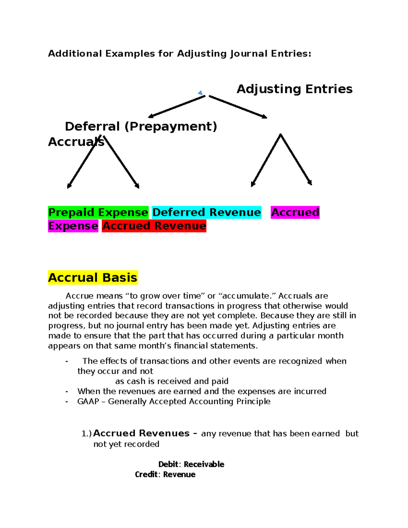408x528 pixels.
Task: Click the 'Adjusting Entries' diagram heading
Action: pos(294,89)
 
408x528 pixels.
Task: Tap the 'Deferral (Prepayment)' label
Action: pos(141,126)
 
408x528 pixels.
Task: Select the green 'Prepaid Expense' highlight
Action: pos(98,212)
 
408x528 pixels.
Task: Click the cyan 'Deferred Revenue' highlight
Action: pos(206,212)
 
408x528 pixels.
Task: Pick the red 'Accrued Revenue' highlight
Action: pos(154,226)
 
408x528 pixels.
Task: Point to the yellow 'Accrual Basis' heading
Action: pos(93,277)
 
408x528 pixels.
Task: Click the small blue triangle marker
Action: pos(201,92)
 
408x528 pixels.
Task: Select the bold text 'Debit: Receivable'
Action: pos(191,464)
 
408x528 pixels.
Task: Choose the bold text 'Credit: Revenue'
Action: pos(165,475)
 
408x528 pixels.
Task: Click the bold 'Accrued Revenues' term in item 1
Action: pos(141,433)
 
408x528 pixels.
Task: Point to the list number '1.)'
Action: pos(86,434)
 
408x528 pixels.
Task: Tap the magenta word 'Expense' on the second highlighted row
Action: pos(73,226)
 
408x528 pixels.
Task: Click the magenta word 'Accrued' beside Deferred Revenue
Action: pos(295,212)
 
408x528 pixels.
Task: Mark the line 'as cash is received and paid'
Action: pos(172,381)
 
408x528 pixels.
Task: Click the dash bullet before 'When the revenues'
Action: pos(67,392)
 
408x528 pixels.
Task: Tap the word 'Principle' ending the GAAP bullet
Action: pos(253,402)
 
